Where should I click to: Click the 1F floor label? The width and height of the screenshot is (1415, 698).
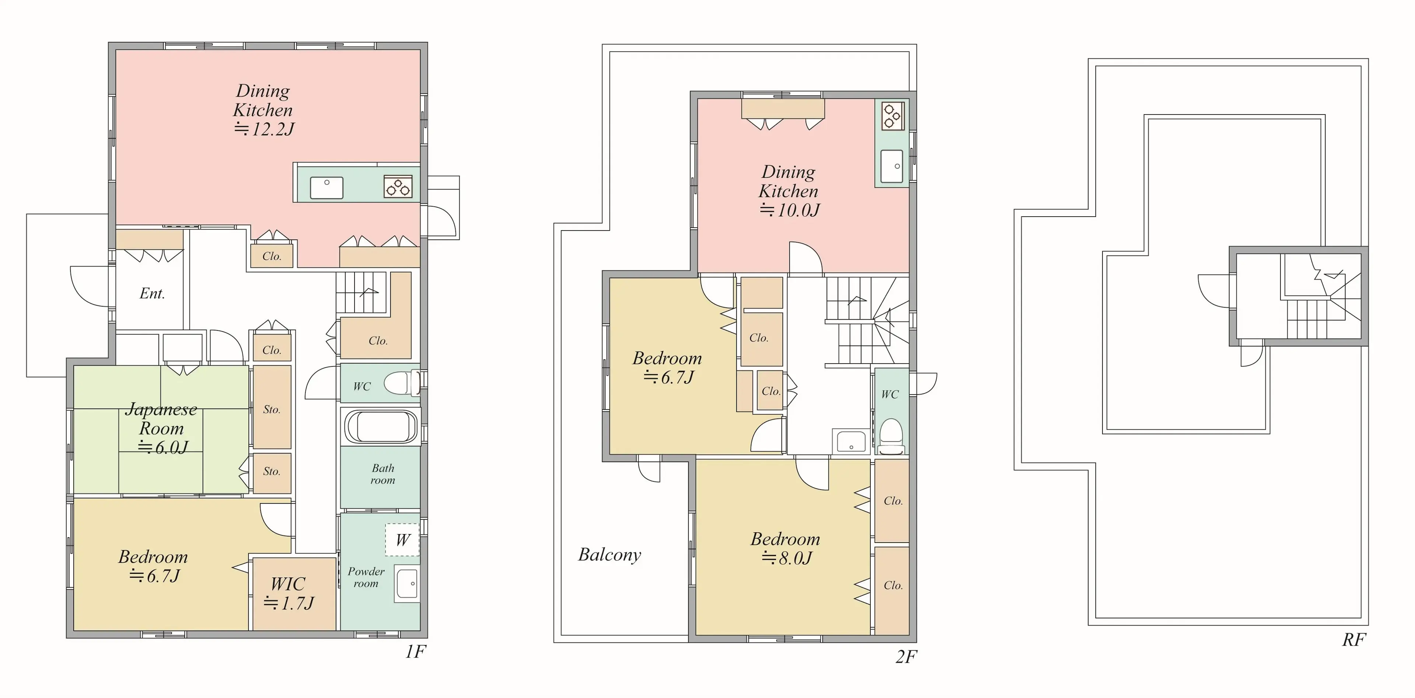point(415,651)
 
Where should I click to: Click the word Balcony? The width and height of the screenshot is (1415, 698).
point(610,555)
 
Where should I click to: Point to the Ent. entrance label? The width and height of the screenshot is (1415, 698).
point(152,293)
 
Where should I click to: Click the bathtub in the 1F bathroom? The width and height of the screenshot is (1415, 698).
point(381,427)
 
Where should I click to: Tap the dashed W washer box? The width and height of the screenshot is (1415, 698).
point(402,540)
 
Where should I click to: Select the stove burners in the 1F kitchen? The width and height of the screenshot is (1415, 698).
point(398,187)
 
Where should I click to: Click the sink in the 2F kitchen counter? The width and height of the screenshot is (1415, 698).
point(891,166)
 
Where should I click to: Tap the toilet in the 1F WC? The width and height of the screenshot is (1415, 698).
point(402,383)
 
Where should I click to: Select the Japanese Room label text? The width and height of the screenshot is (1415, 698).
point(161,418)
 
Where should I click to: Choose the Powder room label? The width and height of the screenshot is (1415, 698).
point(366,577)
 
